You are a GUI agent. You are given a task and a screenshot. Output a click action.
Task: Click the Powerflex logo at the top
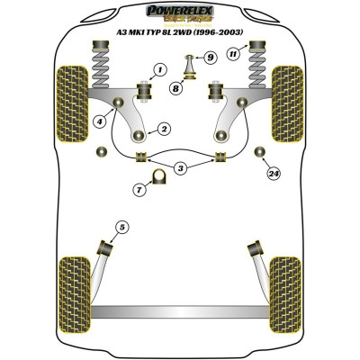[180, 12]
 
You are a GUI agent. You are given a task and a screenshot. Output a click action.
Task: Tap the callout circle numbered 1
[160, 69]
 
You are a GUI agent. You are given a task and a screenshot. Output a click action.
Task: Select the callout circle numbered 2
[164, 129]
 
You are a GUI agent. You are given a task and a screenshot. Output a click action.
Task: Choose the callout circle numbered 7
[139, 189]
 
